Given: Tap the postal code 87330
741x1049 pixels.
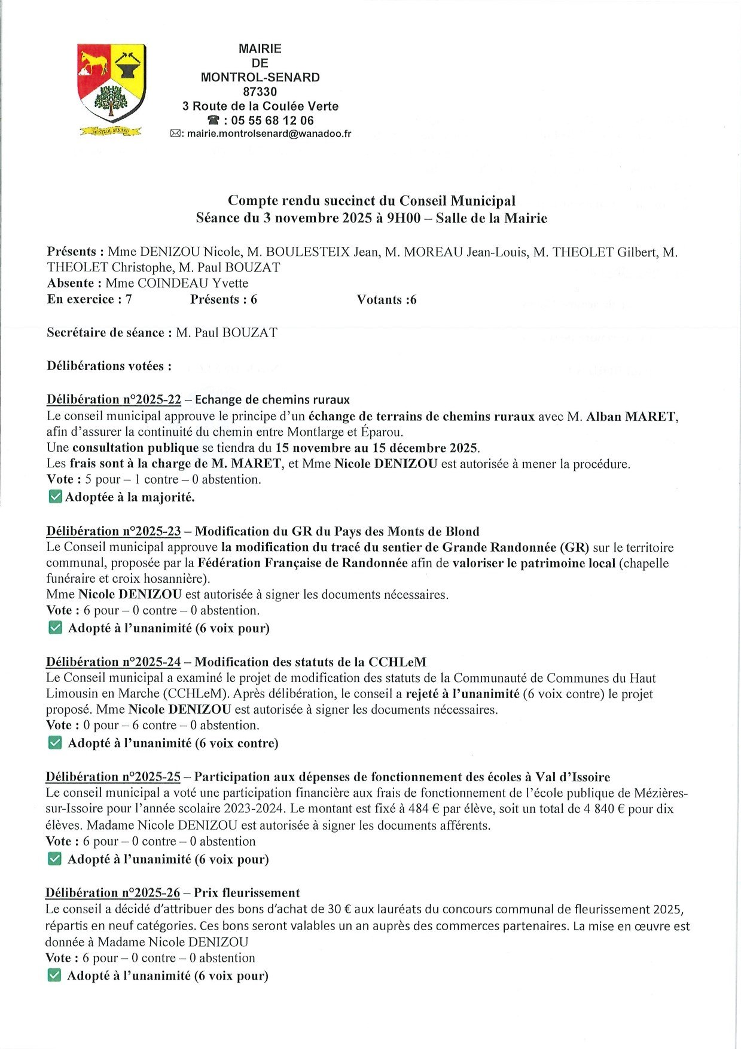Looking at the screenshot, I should pos(260,92).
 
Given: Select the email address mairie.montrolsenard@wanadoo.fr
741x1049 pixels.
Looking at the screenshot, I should pos(269,134).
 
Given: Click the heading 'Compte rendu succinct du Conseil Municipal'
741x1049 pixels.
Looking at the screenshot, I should pos(371,201).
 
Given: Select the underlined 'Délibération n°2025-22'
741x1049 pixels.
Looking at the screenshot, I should pos(114,400).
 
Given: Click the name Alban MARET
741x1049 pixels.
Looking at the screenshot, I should pos(632,417).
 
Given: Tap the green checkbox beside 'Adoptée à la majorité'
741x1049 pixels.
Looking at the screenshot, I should pos(55,497).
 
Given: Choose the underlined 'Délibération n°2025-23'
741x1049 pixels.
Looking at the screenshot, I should pos(114,531).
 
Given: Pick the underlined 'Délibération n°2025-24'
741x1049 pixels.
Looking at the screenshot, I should pos(113,662).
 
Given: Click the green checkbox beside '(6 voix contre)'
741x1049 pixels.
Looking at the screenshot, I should pos(54,743).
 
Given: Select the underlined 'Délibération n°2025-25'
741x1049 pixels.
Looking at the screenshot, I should pos(113,777).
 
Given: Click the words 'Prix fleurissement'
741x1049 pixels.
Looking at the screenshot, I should pos(247,893).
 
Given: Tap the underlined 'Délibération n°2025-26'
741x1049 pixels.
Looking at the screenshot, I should pos(112,893).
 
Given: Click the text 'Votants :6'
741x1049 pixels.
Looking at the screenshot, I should pos(386,300).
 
